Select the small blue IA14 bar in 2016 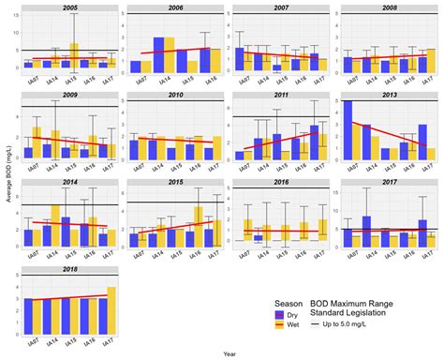258,239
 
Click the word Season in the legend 288,304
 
